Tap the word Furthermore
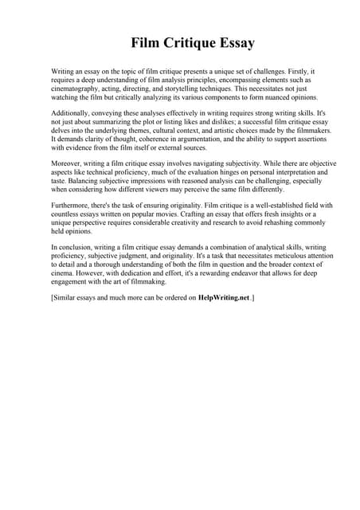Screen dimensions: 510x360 point(73,206)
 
